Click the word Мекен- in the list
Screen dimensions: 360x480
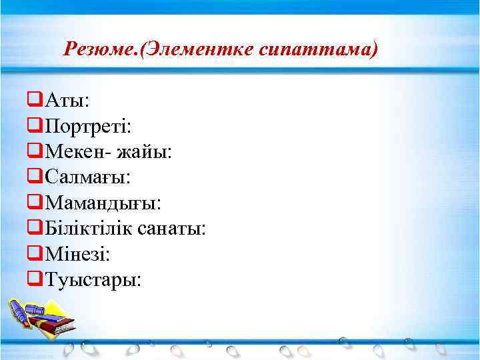tap(78, 152)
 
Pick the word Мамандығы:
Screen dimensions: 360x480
tap(102, 203)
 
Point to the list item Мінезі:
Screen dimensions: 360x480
tap(77, 254)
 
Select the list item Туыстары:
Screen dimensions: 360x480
tap(92, 279)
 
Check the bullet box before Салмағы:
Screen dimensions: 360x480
tap(35, 177)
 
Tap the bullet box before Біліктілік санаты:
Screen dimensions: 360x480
tap(35, 229)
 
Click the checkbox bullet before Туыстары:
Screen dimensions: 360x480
tap(35, 279)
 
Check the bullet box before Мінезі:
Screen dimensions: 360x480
tap(35, 254)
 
